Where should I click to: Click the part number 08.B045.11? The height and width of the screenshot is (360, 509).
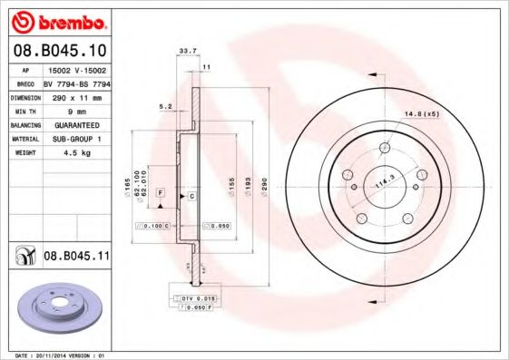[x=76, y=257]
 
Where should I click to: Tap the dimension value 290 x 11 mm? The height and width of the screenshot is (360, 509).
[x=76, y=95]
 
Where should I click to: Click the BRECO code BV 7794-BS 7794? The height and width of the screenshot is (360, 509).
[x=76, y=82]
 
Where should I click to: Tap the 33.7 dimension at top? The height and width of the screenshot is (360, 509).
[x=188, y=52]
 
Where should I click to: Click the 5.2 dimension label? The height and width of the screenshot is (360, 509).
[x=164, y=106]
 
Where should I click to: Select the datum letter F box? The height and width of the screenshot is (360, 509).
[x=160, y=194]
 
